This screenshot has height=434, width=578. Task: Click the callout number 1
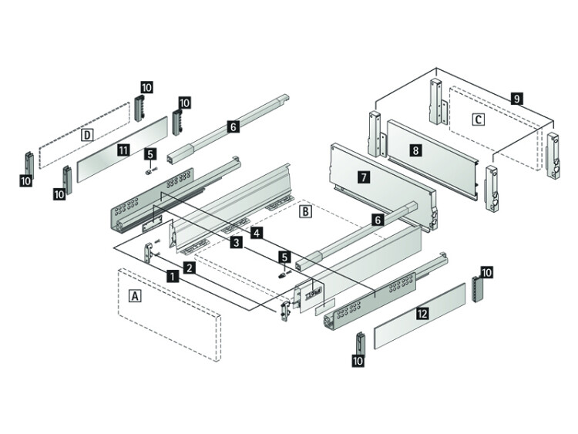pos(173,276)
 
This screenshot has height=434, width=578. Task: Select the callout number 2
pos(189,267)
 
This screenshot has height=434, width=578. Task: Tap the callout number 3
pos(237,242)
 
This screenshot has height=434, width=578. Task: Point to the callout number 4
pos(257,233)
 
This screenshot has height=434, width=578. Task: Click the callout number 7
pos(364,178)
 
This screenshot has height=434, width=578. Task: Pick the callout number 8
pos(416,150)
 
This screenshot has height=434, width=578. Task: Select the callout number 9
pos(517,99)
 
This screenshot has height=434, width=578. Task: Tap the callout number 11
pos(123,150)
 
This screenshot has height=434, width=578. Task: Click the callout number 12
pos(422,314)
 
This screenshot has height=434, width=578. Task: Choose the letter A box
pos(136,295)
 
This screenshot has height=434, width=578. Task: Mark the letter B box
pos(306,212)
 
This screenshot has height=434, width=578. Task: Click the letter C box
pos(478,119)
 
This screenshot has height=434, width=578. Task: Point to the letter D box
pos(87,135)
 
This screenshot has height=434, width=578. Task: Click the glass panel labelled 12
pos(420,316)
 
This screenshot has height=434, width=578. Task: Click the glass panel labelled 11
pos(122,149)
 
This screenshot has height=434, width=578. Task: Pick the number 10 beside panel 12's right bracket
pos(486,273)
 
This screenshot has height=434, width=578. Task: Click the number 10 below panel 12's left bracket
pos(358,360)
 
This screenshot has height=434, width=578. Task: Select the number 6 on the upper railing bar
pos(234,126)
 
